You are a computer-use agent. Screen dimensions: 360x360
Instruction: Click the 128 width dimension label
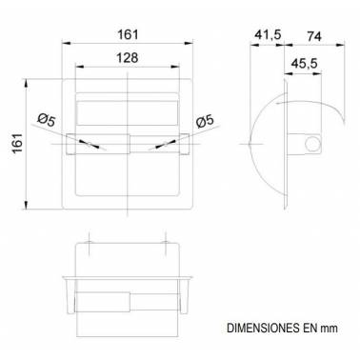coord(128,58)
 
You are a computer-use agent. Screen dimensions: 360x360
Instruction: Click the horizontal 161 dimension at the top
coord(128,35)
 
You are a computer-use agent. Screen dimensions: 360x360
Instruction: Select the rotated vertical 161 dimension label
coord(18,143)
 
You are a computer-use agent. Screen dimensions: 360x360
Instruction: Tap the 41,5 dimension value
coord(268,35)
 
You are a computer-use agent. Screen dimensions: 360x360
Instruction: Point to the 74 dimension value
coord(314,36)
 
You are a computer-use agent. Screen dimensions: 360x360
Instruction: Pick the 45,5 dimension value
coord(305,64)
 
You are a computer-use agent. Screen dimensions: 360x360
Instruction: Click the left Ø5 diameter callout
coord(47,120)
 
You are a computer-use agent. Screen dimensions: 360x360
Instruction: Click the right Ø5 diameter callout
coord(205,121)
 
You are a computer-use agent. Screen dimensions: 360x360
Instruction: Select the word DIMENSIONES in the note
coord(263,328)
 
